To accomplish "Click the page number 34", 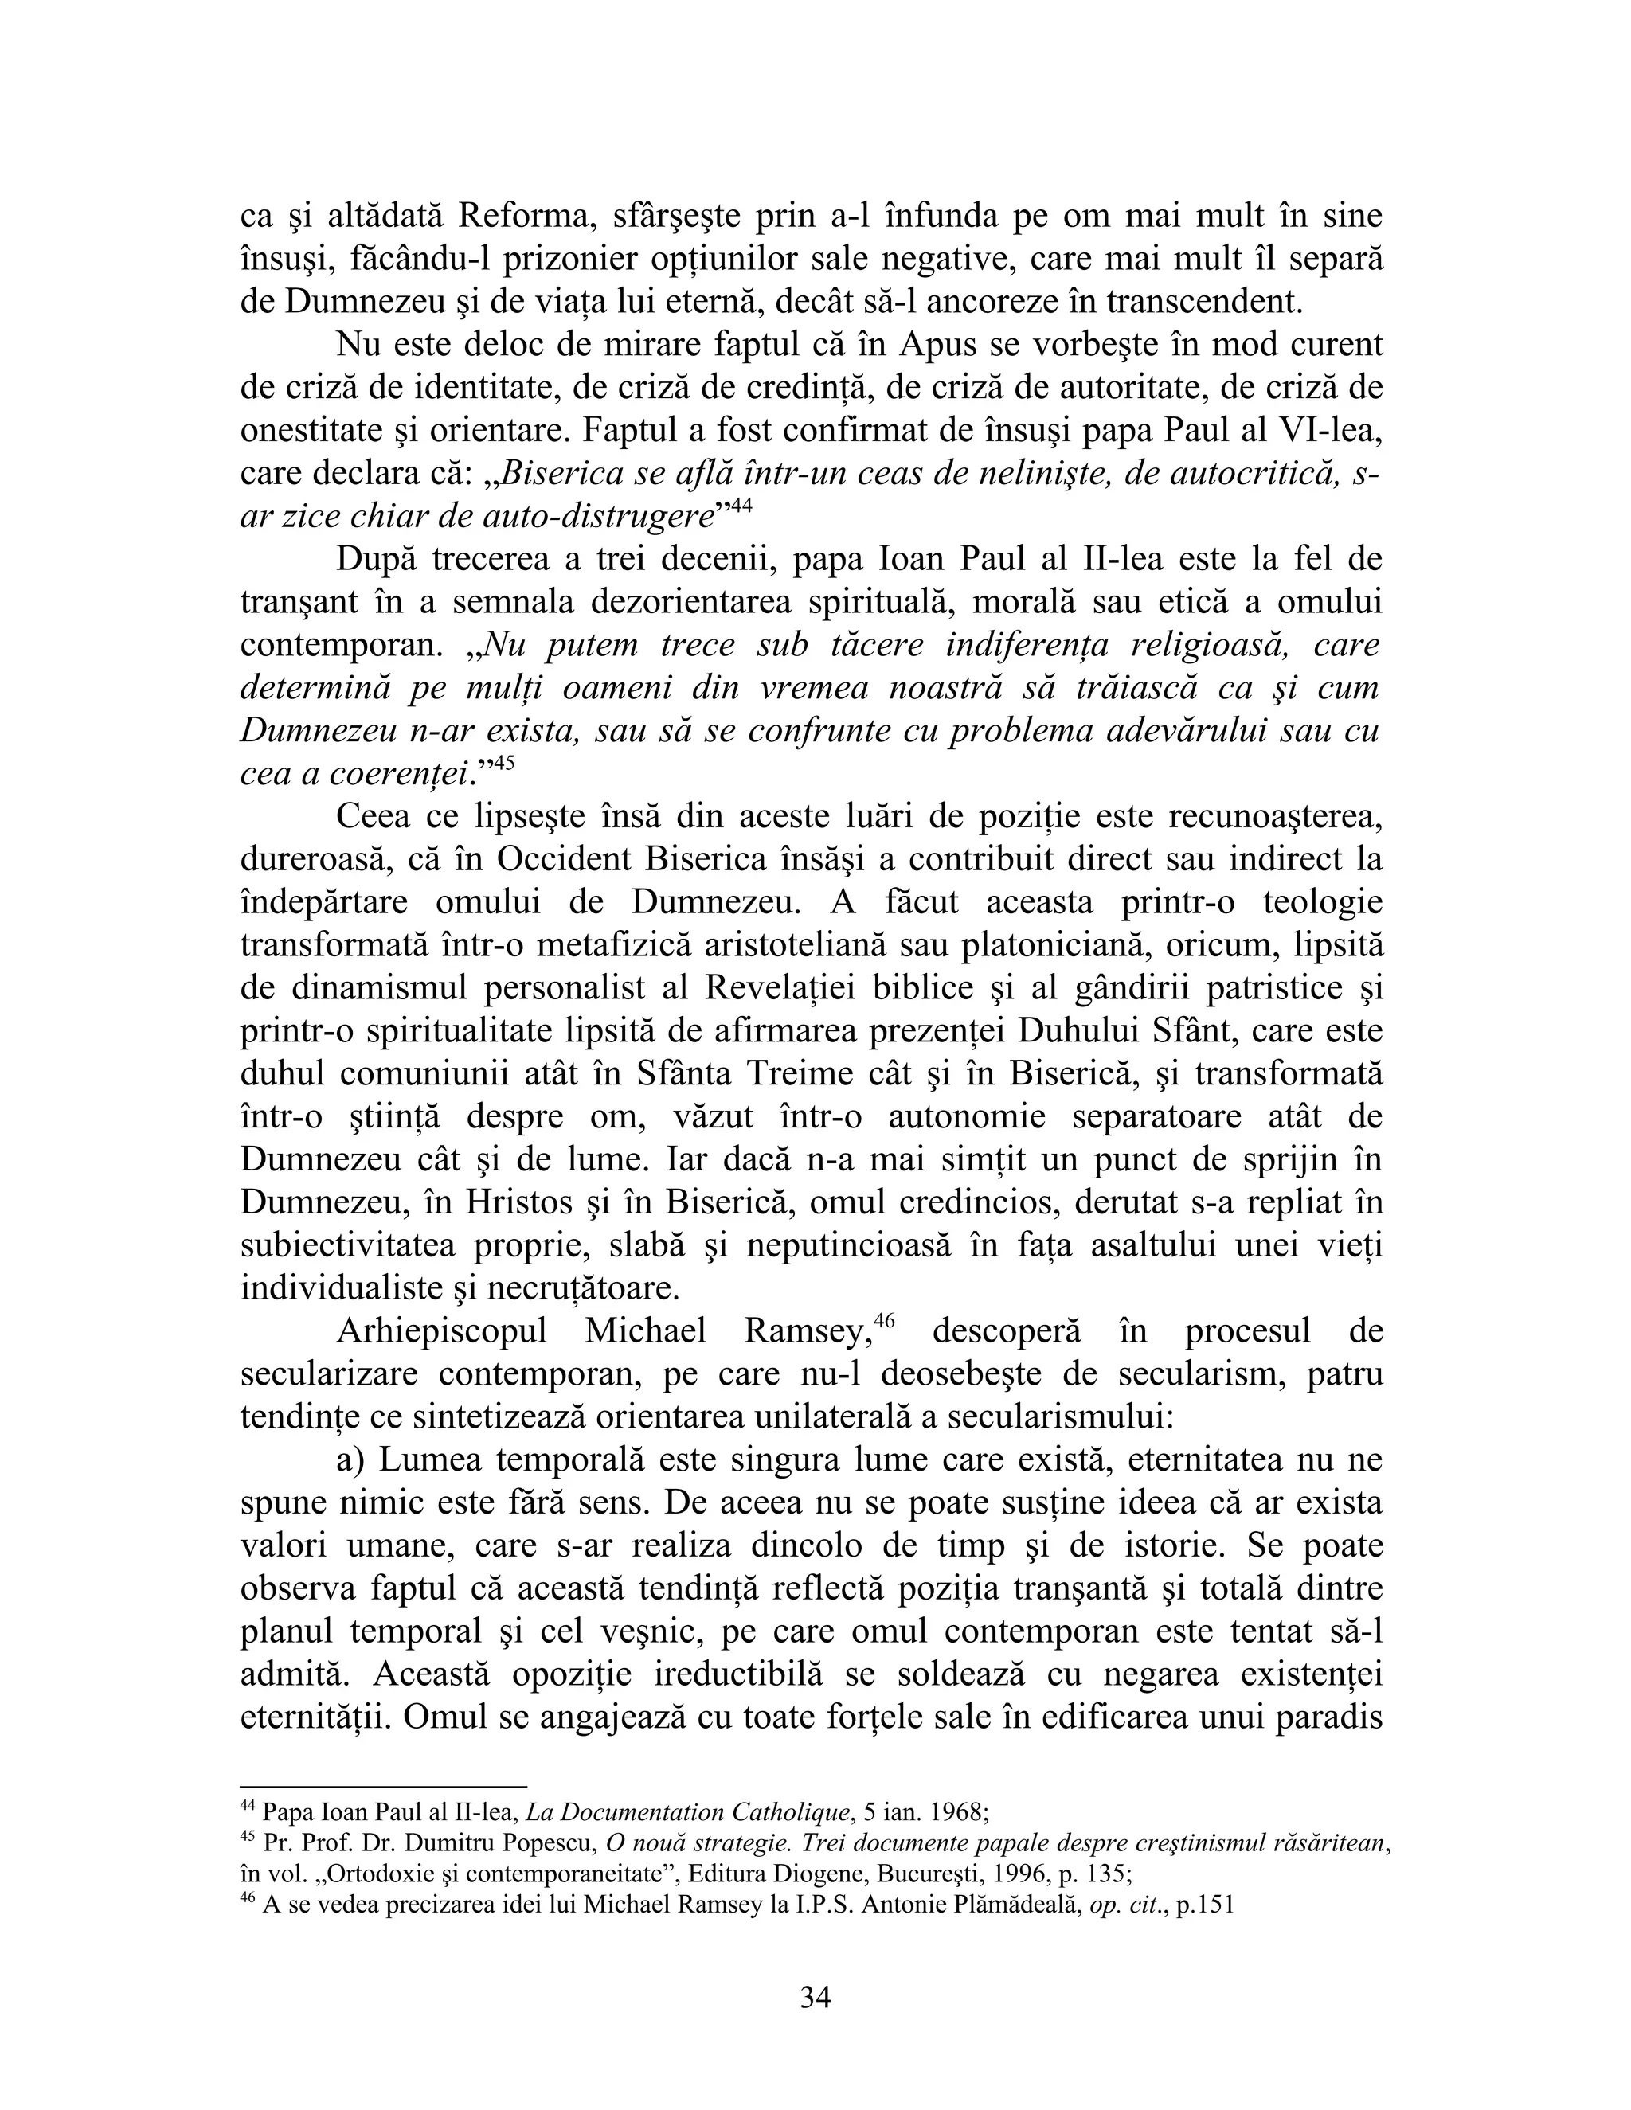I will click(815, 1998).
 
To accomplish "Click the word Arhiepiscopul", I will click(441, 1332).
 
